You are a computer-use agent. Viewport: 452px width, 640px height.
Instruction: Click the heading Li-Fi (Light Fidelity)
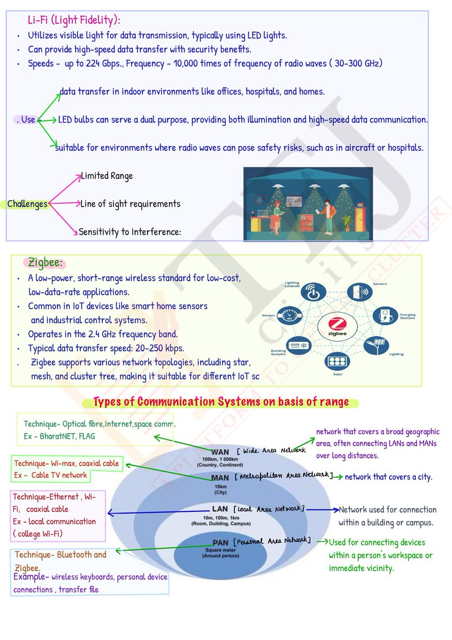coord(74,20)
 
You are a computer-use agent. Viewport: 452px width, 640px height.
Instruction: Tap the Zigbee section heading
coord(45,263)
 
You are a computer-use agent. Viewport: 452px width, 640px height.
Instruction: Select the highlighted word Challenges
coord(27,204)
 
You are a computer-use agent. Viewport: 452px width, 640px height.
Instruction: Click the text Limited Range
coord(107,176)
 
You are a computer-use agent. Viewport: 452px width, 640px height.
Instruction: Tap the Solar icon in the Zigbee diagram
coord(337,361)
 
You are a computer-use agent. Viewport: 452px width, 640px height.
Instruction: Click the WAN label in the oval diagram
coord(220,452)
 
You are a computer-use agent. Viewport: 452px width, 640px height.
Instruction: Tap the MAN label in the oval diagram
coord(220,478)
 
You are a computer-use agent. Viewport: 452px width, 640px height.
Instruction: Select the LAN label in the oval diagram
coord(220,509)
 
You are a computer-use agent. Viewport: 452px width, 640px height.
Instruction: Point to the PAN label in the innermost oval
coord(220,543)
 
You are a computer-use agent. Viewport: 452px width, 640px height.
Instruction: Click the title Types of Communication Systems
coord(221,402)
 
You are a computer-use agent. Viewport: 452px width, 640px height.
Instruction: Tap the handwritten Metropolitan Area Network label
coord(284,475)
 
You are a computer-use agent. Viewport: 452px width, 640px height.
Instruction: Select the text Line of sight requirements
coord(130,204)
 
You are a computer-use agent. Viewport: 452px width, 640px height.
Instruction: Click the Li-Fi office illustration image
coord(308,204)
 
